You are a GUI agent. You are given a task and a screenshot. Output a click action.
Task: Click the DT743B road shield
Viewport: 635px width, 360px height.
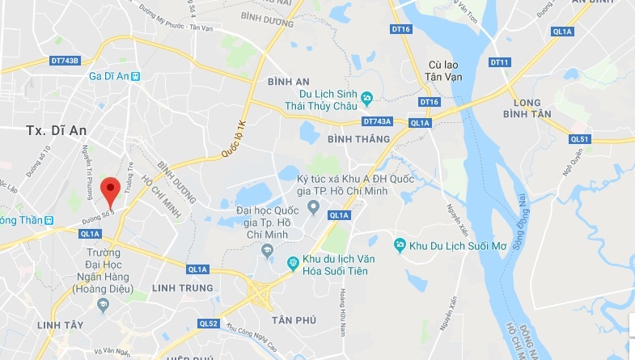tap(65, 61)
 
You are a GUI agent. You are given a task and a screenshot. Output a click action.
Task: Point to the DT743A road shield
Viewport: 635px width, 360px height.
tap(377, 121)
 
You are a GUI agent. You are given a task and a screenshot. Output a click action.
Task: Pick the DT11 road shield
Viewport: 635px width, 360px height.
tap(500, 62)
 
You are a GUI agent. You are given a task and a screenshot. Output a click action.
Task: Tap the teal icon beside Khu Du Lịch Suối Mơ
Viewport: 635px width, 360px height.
tap(398, 244)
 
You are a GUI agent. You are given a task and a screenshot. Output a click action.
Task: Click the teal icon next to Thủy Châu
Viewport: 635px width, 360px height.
tap(367, 99)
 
